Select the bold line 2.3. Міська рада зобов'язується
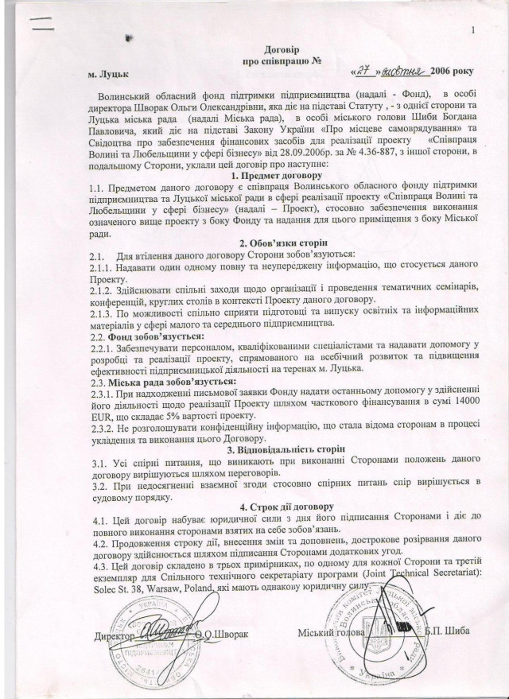160,383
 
